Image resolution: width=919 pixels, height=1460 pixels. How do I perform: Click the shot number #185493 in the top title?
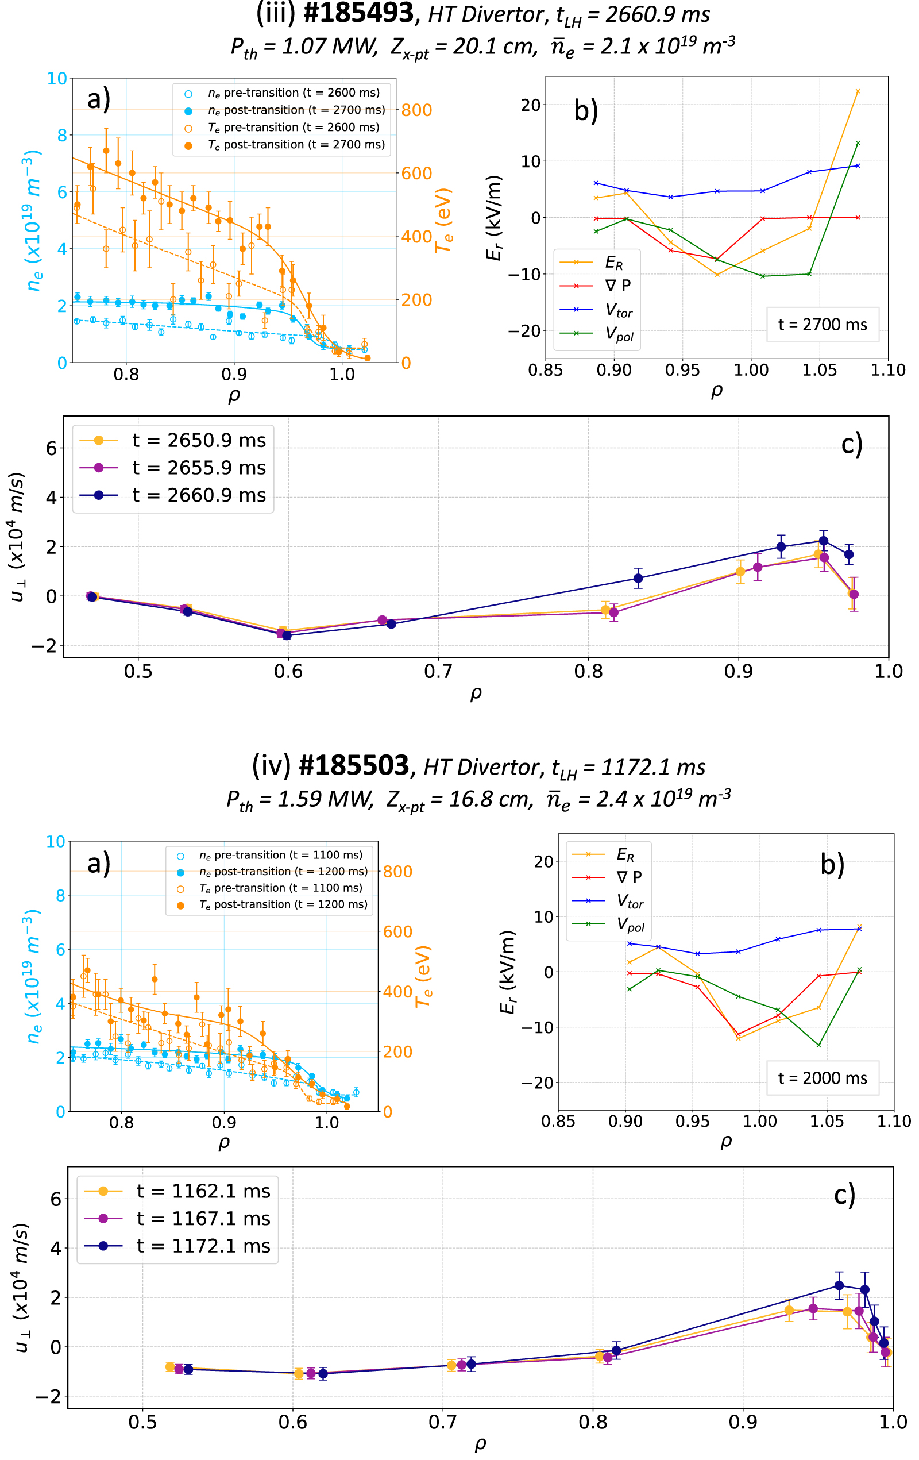358,13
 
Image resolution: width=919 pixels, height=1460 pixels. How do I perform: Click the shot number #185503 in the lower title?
354,766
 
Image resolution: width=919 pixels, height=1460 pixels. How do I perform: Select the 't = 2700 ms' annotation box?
822,325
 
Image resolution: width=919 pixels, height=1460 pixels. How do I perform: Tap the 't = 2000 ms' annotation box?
822,1077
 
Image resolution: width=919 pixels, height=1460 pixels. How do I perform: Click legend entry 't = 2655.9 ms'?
199,468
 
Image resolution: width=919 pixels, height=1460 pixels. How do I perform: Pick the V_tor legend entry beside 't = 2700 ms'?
619,311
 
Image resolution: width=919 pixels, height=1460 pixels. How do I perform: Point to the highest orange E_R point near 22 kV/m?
857,91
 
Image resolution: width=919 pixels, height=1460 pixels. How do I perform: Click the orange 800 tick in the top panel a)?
416,110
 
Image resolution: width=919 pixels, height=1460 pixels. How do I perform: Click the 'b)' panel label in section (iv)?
832,865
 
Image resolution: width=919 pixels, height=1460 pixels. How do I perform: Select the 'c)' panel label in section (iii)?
851,444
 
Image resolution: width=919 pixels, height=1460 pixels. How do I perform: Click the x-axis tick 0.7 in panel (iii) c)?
438,671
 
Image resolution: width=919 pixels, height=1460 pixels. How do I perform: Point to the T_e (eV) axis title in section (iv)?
423,976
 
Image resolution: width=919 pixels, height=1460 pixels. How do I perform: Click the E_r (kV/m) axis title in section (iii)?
494,218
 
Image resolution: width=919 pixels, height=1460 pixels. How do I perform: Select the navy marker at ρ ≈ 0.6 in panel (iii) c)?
287,635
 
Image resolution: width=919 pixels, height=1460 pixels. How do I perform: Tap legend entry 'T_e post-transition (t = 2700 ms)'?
296,145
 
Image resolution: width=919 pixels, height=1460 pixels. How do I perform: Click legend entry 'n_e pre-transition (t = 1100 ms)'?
280,855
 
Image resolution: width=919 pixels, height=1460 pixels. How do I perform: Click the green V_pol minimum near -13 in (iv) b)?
818,1045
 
